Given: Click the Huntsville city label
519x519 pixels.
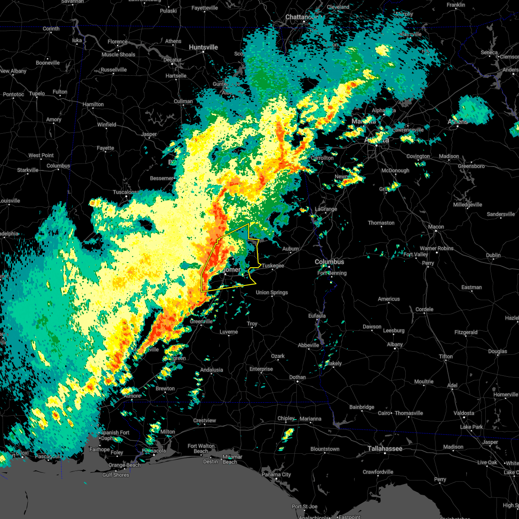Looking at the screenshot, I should (x=203, y=47).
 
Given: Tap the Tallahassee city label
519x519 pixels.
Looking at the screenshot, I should (x=385, y=449).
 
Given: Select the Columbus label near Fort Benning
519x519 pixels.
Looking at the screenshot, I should (x=330, y=262).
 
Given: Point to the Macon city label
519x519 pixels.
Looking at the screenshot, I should (x=436, y=227).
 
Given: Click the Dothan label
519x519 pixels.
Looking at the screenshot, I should (x=298, y=377).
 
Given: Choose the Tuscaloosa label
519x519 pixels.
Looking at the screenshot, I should (x=126, y=192).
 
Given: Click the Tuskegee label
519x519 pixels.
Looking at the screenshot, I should (x=273, y=266).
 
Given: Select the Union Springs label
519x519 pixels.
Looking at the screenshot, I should (x=272, y=292).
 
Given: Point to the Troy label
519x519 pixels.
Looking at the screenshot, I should (x=252, y=324).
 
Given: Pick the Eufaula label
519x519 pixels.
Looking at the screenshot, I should (x=317, y=316).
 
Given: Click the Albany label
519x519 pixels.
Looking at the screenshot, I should (x=395, y=344).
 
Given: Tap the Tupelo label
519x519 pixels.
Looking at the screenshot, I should (x=37, y=93).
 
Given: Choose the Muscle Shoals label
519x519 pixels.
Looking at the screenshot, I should (x=118, y=54).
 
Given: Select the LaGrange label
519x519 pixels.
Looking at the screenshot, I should (x=326, y=209).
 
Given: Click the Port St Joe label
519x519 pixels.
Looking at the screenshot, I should (x=304, y=506).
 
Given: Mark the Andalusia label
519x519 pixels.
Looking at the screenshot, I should (x=211, y=370).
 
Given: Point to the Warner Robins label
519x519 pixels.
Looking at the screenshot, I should (x=437, y=248).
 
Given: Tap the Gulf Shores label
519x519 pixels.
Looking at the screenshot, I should (x=115, y=475).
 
